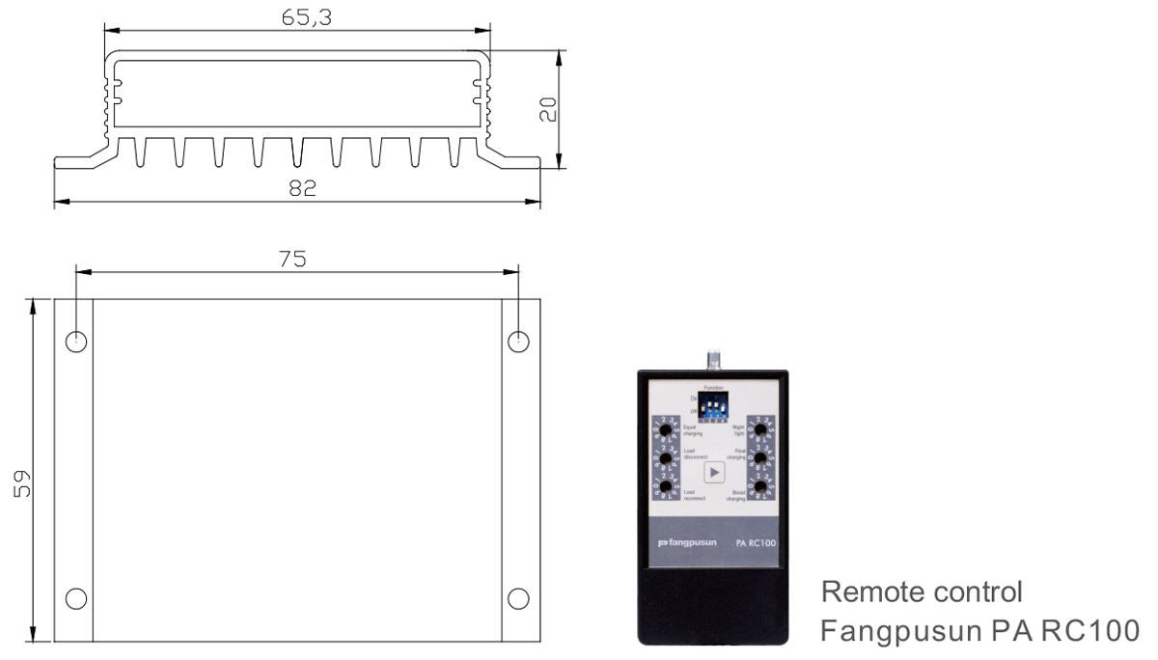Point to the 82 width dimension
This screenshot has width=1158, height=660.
pyautogui.click(x=301, y=189)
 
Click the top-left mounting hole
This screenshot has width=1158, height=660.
pyautogui.click(x=78, y=341)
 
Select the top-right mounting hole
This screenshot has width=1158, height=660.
pyautogui.click(x=518, y=341)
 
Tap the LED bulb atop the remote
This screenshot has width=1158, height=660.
pyautogui.click(x=714, y=359)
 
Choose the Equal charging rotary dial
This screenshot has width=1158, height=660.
pyautogui.click(x=665, y=428)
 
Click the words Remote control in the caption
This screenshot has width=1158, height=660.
pyautogui.click(x=908, y=591)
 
